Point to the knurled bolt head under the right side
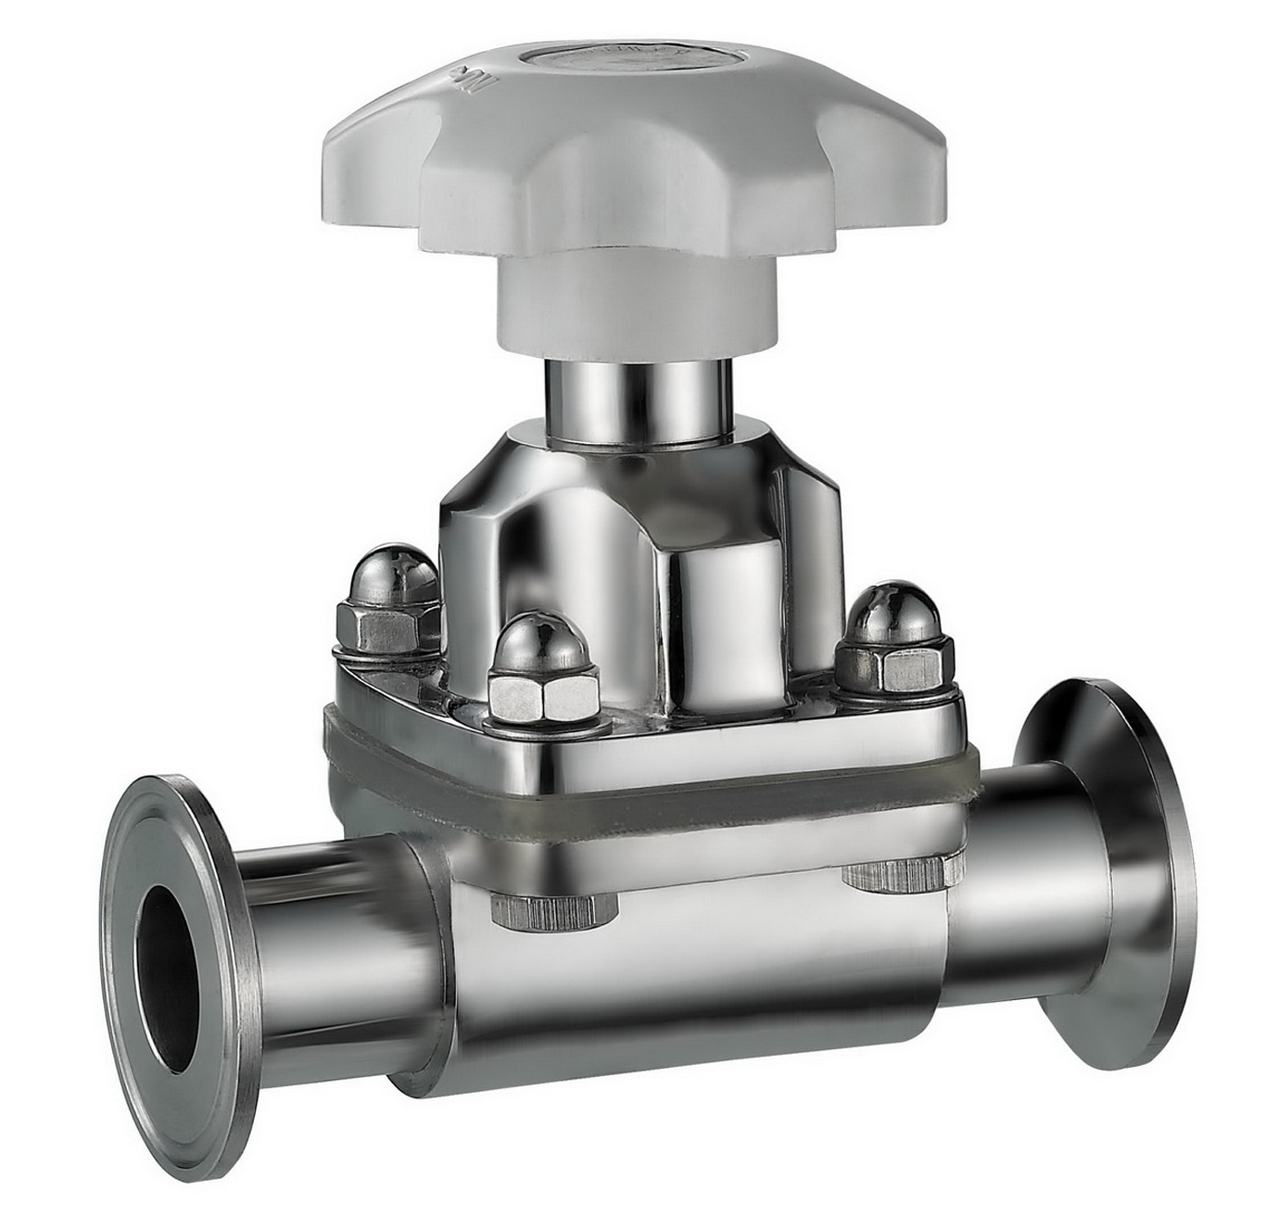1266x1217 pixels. tap(894, 874)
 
